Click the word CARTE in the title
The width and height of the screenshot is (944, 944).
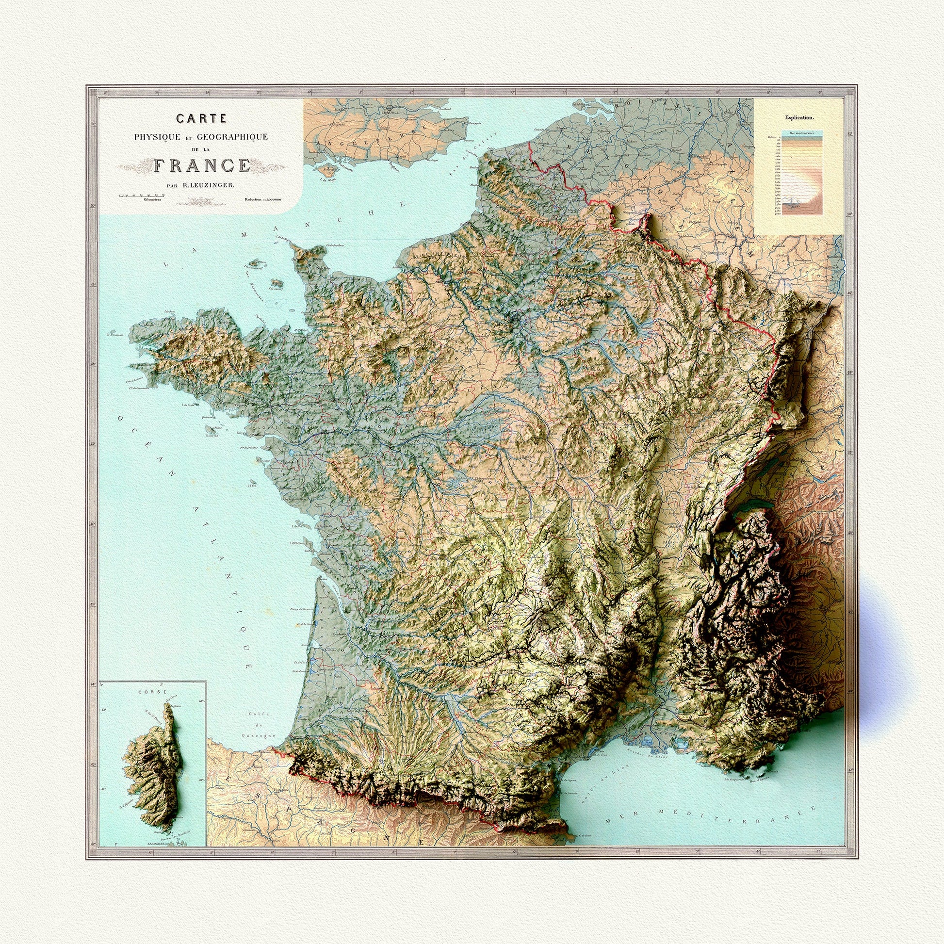click(x=201, y=118)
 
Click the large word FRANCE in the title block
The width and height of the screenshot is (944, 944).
click(x=202, y=165)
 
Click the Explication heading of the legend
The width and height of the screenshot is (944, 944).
click(x=799, y=118)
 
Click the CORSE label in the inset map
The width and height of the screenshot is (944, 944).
click(x=146, y=692)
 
